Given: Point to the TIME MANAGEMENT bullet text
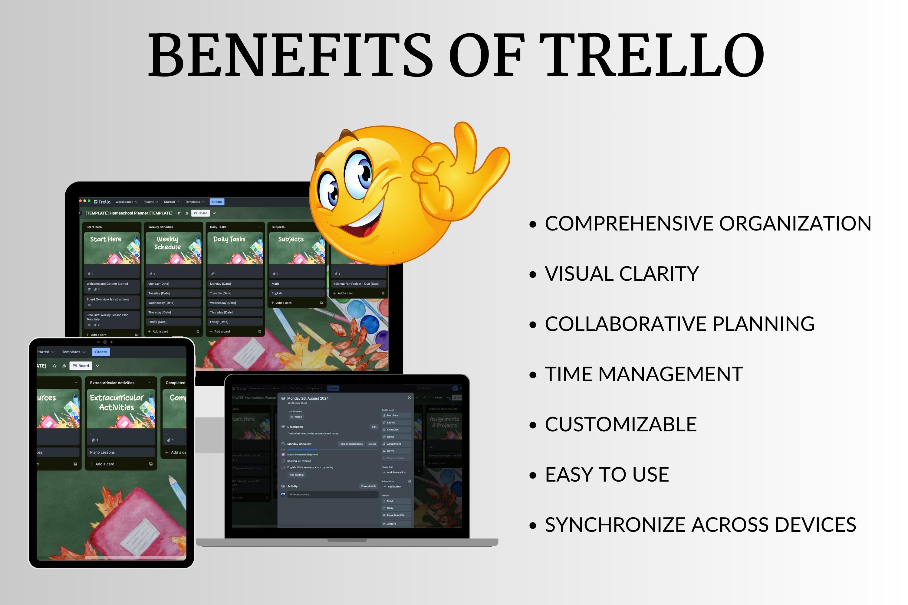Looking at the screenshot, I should (643, 374).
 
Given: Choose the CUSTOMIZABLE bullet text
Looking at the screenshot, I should (620, 424).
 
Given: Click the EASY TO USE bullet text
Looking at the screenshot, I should (607, 475).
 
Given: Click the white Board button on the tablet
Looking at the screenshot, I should (81, 366).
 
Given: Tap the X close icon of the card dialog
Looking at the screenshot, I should (409, 398).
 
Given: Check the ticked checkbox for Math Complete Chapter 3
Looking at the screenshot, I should (283, 455).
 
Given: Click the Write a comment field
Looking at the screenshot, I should (332, 494).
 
